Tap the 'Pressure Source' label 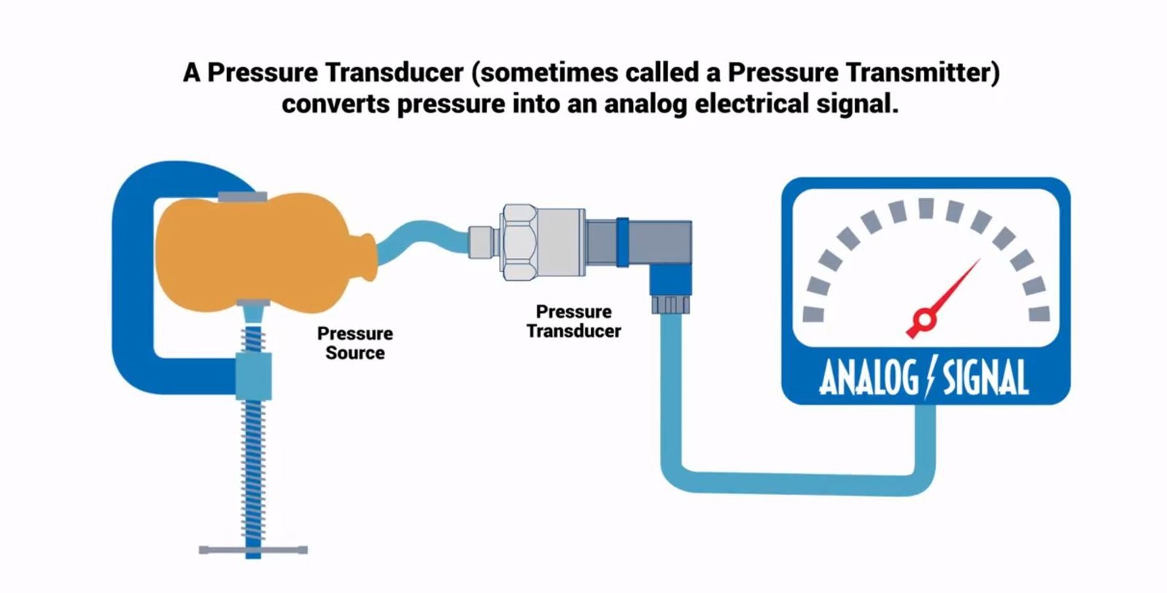[x=355, y=343]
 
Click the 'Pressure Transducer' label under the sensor [x=574, y=321]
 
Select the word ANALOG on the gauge [x=868, y=378]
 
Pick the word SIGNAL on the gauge [x=985, y=378]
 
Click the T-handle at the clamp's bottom [x=253, y=549]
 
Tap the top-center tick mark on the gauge [x=926, y=209]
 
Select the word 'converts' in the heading [x=336, y=104]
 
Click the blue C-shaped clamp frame [x=131, y=277]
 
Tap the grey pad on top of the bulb [x=242, y=196]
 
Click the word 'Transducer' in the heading [x=394, y=72]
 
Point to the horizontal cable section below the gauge [x=795, y=482]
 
